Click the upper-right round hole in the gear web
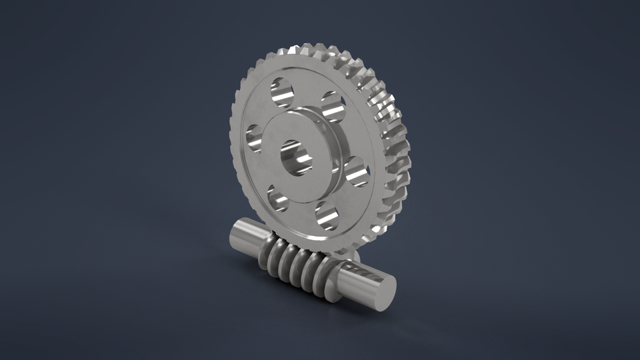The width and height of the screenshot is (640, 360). tap(332, 107)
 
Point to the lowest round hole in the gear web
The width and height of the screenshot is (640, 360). tap(326, 214)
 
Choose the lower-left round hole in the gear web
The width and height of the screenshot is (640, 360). tap(279, 198)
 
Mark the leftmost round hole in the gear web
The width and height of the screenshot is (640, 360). tap(255, 138)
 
